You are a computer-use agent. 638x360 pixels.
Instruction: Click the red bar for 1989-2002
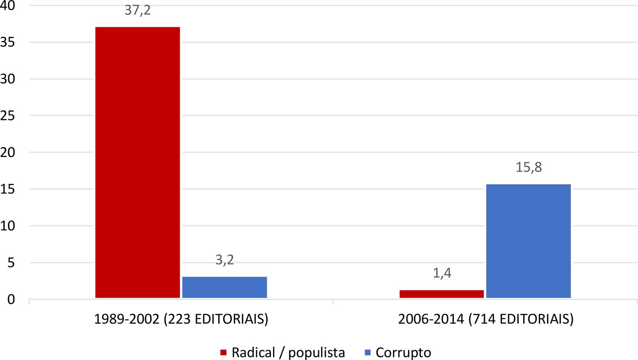click(137, 162)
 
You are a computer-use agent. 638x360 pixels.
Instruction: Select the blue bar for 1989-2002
click(225, 287)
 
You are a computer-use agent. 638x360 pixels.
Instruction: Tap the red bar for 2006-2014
click(442, 294)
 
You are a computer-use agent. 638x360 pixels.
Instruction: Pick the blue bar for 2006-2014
click(529, 241)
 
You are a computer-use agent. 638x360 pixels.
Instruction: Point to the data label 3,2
click(225, 260)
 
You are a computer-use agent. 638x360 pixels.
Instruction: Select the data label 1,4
click(442, 273)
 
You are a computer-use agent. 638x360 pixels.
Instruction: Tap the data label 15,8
click(529, 167)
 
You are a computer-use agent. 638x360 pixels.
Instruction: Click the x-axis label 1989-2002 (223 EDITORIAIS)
click(181, 319)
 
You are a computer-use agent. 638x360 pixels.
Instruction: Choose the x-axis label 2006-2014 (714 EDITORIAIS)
click(486, 319)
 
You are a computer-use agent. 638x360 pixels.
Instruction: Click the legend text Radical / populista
click(288, 352)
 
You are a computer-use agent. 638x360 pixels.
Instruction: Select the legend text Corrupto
click(403, 352)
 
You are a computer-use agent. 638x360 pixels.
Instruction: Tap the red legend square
click(223, 352)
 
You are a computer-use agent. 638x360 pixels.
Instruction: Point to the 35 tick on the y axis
click(8, 42)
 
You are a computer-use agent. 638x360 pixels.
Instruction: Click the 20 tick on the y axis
click(8, 152)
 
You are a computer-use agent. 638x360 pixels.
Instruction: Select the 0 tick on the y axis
click(10, 299)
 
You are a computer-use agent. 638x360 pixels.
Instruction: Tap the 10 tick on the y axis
click(8, 226)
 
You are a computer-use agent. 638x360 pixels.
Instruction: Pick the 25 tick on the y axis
click(8, 116)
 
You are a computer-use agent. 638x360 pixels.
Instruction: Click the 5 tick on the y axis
click(10, 263)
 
